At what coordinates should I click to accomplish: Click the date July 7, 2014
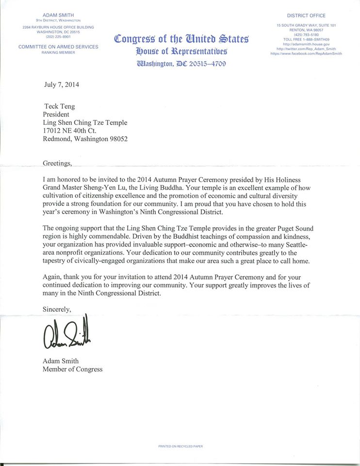tap(61, 84)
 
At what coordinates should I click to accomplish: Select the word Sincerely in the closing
tap(57, 309)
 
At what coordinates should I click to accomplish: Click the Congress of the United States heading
tap(181, 38)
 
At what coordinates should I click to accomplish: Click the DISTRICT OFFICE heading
tap(307, 16)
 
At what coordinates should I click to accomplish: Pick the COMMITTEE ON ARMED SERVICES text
tap(58, 47)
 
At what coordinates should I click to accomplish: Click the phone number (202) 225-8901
tap(58, 36)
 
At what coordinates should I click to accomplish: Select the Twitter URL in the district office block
tap(306, 49)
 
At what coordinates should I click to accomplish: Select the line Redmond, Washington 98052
tap(85, 139)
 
